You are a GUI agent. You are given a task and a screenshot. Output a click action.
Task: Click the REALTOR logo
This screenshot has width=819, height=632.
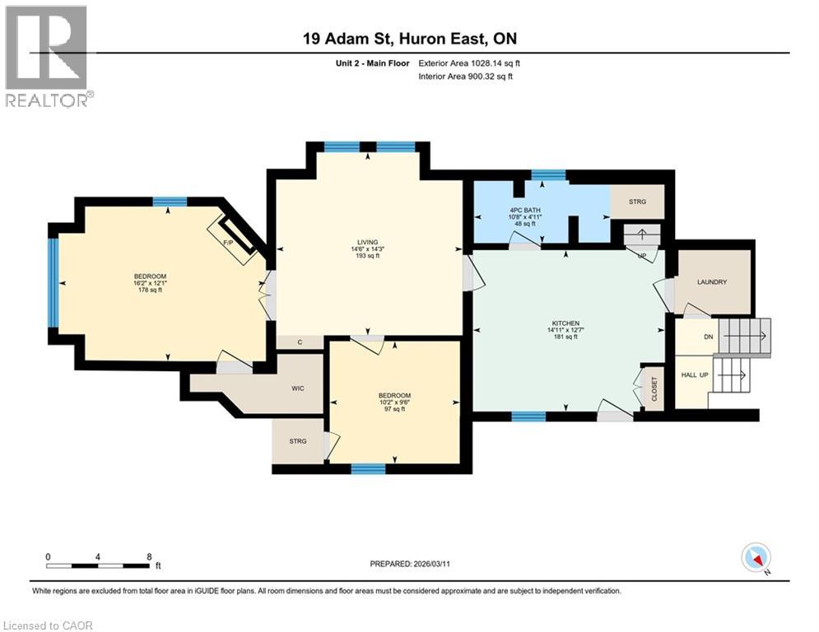48,56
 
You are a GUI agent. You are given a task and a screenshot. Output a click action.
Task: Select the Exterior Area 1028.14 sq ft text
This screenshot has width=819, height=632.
469,63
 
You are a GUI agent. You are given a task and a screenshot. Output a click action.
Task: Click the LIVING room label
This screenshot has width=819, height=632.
368,243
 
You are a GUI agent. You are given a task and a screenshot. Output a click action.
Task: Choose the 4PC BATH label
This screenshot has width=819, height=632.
525,211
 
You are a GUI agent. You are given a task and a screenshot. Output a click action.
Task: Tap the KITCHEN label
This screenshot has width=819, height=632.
566,323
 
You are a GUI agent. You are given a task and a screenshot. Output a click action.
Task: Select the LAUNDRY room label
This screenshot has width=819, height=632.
712,282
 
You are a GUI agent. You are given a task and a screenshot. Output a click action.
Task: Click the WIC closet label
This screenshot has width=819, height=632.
298,388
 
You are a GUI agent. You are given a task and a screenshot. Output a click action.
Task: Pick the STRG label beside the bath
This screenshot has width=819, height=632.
637,202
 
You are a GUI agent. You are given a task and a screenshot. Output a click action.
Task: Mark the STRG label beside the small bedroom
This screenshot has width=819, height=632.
298,441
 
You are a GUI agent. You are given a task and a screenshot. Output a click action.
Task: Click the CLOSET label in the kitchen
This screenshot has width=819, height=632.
654,389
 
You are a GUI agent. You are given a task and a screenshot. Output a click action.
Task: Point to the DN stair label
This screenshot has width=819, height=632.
708,337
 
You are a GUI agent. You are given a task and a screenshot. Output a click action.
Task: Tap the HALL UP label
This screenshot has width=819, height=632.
695,375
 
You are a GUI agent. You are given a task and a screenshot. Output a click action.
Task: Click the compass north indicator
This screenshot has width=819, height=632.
756,558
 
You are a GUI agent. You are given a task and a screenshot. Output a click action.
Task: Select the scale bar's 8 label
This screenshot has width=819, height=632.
149,557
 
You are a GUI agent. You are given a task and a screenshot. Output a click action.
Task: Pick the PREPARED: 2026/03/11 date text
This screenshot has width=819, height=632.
410,564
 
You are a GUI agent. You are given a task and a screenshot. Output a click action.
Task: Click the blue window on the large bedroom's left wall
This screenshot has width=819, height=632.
52,282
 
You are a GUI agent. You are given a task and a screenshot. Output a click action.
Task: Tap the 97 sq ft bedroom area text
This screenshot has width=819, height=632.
395,409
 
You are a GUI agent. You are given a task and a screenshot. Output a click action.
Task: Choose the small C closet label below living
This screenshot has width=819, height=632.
300,342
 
